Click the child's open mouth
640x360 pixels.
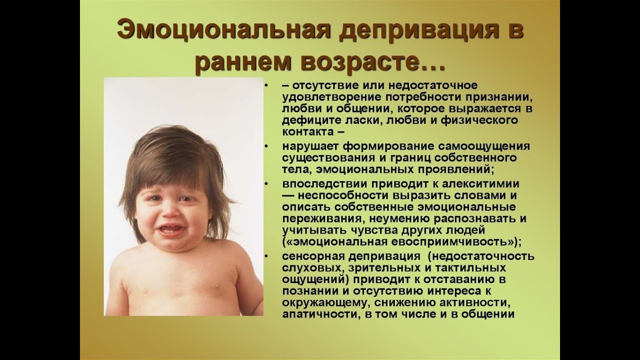(x=171, y=230)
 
